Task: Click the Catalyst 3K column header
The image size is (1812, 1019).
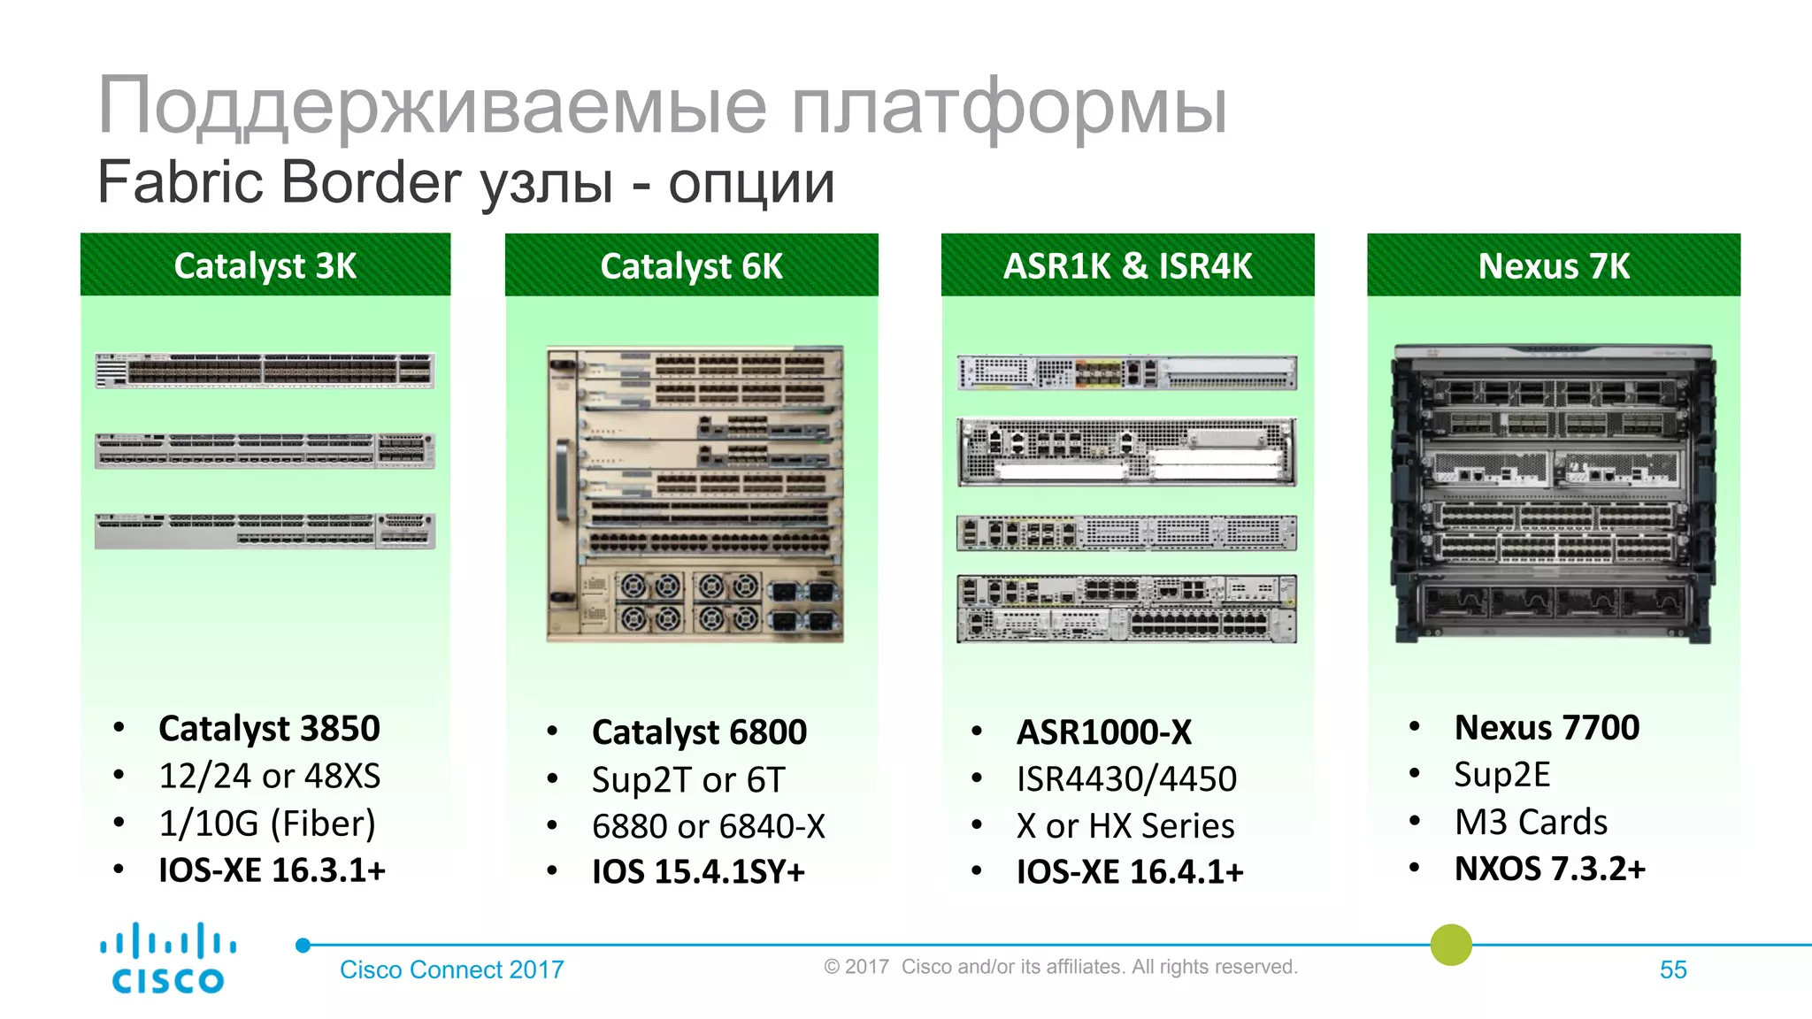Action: tap(265, 265)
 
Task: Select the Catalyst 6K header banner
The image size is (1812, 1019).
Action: tap(691, 265)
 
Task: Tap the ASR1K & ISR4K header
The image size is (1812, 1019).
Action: tap(1127, 265)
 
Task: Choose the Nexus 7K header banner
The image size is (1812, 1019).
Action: tap(1554, 265)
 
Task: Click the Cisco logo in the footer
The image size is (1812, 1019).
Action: tap(168, 959)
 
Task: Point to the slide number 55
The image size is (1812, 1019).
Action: tap(1672, 969)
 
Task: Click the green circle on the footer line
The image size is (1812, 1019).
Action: tap(1451, 945)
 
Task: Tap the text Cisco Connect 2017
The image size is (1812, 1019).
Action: tap(451, 969)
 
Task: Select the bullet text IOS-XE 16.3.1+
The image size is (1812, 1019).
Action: tap(272, 870)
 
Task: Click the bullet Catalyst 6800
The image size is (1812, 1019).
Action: tap(699, 732)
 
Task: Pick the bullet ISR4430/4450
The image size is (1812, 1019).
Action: tap(1126, 779)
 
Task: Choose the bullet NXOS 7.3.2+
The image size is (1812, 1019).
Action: tap(1549, 869)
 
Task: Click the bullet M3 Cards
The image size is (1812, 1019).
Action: tap(1531, 822)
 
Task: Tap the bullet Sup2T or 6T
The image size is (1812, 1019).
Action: tap(688, 780)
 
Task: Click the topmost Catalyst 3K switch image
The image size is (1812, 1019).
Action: tap(265, 371)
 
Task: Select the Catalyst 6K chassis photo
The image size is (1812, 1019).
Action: tap(695, 494)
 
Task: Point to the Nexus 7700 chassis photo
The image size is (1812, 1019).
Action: tap(1553, 494)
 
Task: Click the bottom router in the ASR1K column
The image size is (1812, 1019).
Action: tap(1126, 609)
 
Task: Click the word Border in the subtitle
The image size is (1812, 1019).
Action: tap(372, 182)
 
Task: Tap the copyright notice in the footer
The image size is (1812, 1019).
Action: tap(1060, 967)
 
